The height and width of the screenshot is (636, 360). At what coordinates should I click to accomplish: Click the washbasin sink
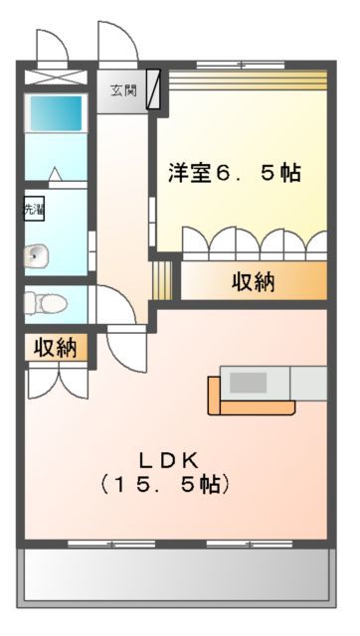[37, 255]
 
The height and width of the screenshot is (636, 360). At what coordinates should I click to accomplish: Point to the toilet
[43, 300]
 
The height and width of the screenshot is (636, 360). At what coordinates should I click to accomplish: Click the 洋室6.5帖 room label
[234, 172]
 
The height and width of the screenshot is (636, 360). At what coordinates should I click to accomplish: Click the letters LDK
[169, 460]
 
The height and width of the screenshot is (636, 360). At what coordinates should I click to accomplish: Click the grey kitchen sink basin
[250, 382]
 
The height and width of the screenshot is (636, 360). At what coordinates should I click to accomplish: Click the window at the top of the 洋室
[242, 66]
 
